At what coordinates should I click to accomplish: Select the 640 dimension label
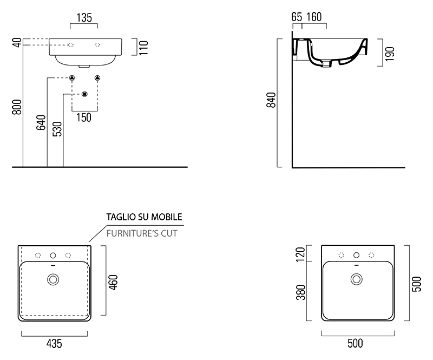(41, 123)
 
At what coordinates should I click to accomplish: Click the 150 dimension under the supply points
(84, 117)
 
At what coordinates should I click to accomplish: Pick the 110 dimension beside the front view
(143, 48)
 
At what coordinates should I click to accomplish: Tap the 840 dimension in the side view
(272, 100)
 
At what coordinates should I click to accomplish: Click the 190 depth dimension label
(390, 53)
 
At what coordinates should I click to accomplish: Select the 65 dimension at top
(296, 16)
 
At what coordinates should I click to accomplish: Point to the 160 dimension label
(314, 16)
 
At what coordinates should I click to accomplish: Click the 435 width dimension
(55, 343)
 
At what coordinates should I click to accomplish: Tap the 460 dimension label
(114, 282)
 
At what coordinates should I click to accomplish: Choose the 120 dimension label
(302, 253)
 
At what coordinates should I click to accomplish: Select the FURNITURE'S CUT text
(142, 233)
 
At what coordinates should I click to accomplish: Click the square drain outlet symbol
(84, 94)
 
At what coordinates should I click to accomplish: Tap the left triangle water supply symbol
(71, 78)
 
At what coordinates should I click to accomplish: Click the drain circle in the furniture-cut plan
(53, 279)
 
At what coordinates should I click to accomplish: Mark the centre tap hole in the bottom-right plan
(356, 255)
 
